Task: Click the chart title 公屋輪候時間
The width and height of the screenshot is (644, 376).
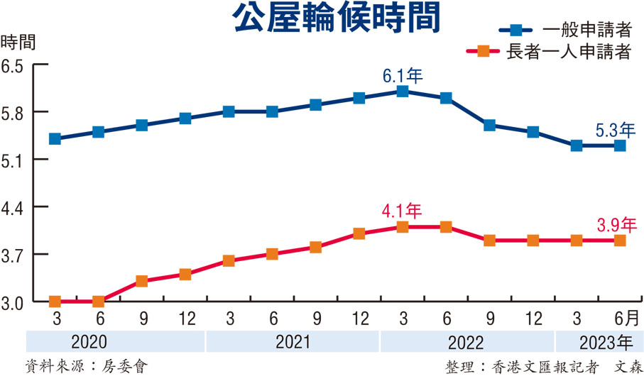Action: click(334, 19)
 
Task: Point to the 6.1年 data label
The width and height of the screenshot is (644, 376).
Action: click(403, 75)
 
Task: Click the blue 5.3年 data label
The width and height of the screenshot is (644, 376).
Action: click(616, 129)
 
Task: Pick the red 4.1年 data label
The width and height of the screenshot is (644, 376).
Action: click(402, 211)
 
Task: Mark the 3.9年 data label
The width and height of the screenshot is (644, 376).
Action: click(616, 225)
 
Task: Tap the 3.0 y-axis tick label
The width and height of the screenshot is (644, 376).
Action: click(13, 302)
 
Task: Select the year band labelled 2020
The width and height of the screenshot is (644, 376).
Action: click(90, 343)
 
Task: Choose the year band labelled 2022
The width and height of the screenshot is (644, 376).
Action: click(466, 343)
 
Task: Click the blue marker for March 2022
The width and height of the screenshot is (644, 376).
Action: click(403, 92)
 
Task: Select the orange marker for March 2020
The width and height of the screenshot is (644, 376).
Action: click(55, 302)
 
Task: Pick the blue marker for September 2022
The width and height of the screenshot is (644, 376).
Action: click(489, 126)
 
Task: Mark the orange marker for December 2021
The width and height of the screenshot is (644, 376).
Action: click(359, 233)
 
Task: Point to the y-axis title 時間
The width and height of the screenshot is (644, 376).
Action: click(19, 40)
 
